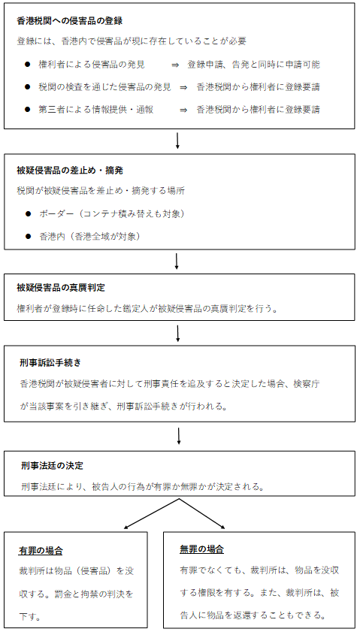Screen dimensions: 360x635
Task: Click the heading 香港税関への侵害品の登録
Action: click(x=70, y=20)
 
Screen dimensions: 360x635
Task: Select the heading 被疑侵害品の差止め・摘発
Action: click(x=70, y=171)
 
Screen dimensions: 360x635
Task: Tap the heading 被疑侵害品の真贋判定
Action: click(x=61, y=288)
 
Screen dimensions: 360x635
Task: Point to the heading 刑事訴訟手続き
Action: click(x=50, y=363)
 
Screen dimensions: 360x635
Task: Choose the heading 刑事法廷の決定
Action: click(x=53, y=466)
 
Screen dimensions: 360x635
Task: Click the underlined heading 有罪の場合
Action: click(x=41, y=551)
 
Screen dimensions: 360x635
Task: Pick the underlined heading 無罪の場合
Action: click(x=201, y=549)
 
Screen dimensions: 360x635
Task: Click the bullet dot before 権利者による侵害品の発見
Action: click(x=28, y=65)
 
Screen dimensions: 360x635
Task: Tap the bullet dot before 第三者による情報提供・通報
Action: click(x=28, y=110)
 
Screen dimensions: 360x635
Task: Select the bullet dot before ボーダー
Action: click(x=28, y=214)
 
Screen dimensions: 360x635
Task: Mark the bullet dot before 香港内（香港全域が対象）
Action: click(x=28, y=237)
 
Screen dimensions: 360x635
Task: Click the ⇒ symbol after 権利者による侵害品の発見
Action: click(x=175, y=65)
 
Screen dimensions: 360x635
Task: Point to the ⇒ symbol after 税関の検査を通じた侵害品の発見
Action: click(x=184, y=87)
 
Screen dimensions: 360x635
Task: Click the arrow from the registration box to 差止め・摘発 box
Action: click(x=177, y=141)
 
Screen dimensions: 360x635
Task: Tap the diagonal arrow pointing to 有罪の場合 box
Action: click(x=151, y=514)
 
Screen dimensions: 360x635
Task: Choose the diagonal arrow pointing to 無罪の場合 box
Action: click(x=202, y=514)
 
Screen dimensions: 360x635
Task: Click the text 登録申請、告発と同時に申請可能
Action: click(x=253, y=65)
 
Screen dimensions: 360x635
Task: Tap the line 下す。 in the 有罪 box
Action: click(x=30, y=617)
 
